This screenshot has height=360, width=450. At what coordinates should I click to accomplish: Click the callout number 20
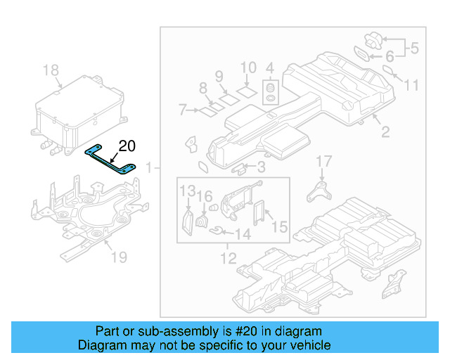[126, 146]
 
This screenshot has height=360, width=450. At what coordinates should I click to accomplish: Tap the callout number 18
[51, 70]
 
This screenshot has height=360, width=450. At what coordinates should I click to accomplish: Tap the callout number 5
[414, 49]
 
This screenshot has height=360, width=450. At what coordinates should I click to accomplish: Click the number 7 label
[181, 110]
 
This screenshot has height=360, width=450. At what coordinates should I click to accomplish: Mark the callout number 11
[411, 85]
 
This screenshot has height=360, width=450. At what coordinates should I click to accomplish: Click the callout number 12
[229, 259]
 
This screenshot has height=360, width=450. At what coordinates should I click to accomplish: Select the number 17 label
[323, 162]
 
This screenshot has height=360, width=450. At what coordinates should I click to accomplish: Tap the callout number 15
[279, 227]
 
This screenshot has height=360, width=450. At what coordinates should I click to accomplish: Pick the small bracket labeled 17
[320, 191]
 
